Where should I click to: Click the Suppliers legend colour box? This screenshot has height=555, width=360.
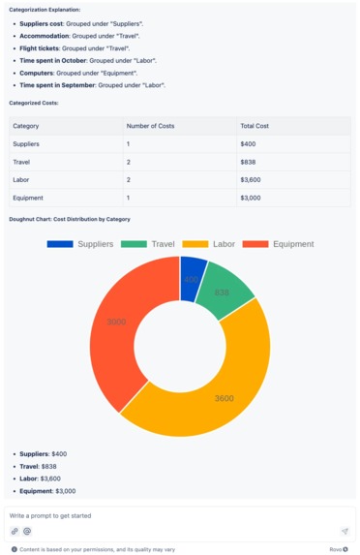[60, 244]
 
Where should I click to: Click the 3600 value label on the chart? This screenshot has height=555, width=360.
[224, 398]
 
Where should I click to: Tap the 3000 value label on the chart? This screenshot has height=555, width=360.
[116, 322]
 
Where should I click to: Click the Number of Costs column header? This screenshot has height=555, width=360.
[151, 126]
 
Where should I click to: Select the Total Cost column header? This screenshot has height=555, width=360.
[255, 126]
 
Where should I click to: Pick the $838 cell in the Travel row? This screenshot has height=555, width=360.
[249, 162]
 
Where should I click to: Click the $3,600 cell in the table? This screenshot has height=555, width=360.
[253, 179]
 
